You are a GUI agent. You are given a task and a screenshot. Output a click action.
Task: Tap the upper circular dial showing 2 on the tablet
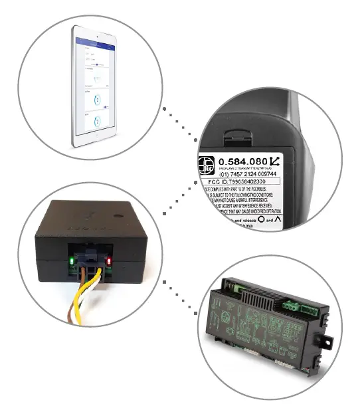tap(98, 100)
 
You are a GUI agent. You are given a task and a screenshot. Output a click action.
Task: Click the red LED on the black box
tap(108, 260)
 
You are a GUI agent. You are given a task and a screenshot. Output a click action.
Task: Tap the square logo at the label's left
tap(207, 164)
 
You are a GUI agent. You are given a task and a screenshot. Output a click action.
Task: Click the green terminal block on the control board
tap(292, 306)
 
